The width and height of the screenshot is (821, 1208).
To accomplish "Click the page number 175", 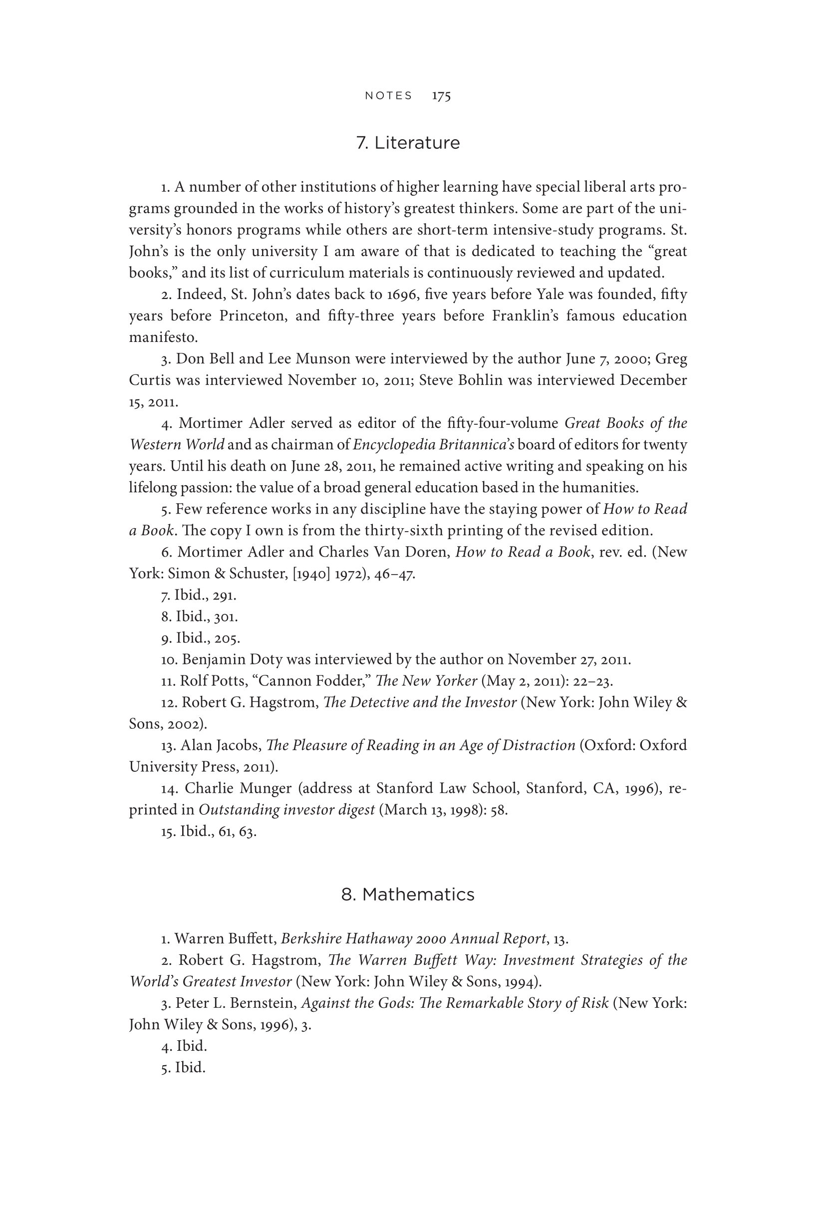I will pos(441,96).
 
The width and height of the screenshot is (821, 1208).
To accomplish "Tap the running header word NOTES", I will pos(388,96).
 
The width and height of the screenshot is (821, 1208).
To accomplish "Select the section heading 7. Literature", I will pos(408,142).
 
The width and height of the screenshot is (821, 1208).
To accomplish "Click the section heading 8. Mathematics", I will pos(408,894).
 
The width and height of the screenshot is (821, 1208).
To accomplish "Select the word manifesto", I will pos(163,337).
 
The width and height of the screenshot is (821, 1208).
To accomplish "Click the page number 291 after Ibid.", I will pos(225,595).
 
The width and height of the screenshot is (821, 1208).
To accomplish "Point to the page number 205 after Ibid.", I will pos(227,638).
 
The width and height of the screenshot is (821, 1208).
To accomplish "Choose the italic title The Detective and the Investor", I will pos(420,703).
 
